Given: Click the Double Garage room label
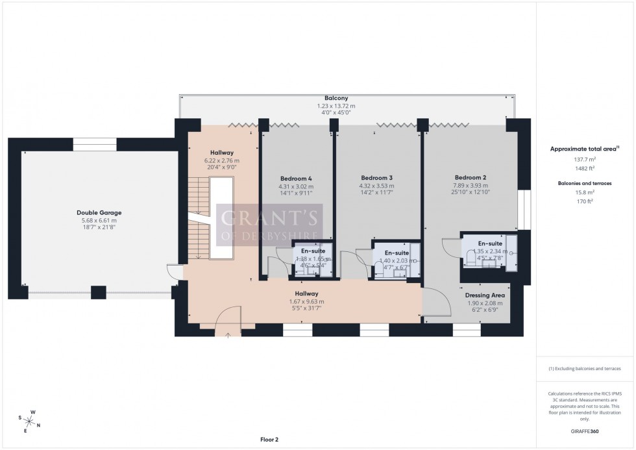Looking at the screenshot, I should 99,212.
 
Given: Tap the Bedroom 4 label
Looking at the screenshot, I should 296,179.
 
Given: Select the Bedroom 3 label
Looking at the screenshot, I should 377,177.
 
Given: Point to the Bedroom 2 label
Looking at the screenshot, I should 470,177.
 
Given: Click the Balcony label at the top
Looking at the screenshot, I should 336,98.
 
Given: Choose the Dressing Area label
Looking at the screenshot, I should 485,295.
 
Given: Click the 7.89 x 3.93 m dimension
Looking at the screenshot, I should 470,186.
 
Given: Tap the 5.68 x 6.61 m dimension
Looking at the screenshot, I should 99,220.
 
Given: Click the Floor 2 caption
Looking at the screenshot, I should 269,440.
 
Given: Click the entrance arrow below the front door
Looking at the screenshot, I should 228,335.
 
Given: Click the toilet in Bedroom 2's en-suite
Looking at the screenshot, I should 472,258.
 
